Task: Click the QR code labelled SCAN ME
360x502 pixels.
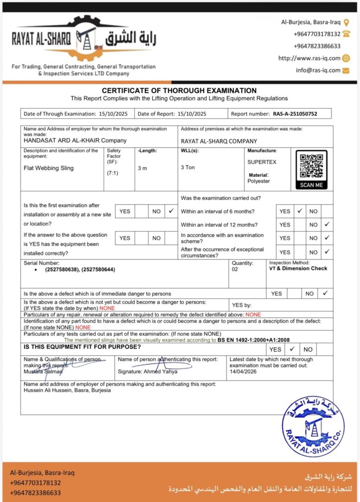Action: [311, 166]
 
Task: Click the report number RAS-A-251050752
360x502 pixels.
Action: [295, 114]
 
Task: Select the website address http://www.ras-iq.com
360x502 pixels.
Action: [309, 58]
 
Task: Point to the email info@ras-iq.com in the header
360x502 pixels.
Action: [318, 70]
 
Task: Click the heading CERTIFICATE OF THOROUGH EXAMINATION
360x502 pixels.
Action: [179, 91]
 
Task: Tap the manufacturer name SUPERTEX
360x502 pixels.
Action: [262, 161]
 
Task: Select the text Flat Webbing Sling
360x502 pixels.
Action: [49, 168]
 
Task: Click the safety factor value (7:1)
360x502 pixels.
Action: [112, 173]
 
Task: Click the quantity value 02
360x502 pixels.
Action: [235, 269]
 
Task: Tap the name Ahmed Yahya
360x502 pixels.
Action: [161, 371]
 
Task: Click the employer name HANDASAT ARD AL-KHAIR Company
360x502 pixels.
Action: [75, 140]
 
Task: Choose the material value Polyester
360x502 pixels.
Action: [259, 181]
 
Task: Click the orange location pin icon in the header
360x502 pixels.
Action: [346, 23]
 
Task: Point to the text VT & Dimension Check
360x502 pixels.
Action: [298, 269]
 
